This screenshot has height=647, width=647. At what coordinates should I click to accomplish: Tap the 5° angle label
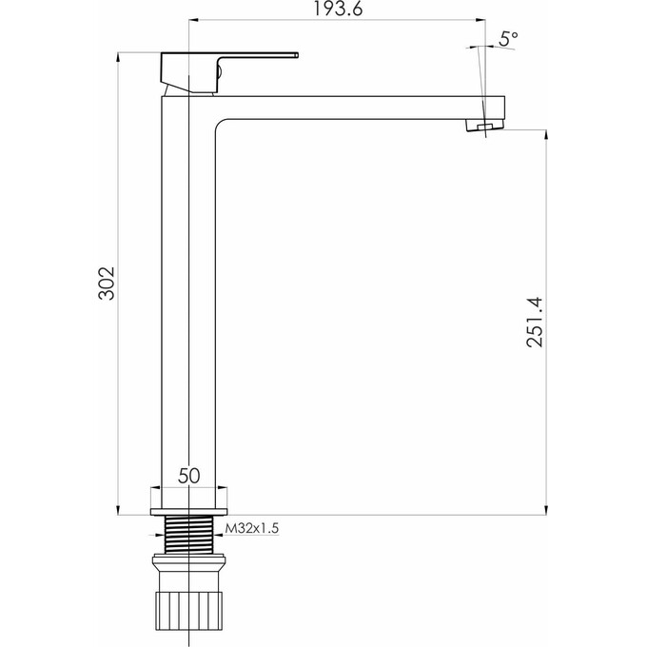[x=509, y=37]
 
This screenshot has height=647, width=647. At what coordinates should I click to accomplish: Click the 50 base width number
[x=189, y=476]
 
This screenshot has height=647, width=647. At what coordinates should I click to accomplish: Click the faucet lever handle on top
[x=228, y=65]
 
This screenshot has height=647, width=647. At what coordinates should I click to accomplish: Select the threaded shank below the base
[x=189, y=535]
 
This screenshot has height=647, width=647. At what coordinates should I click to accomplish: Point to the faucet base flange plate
[x=189, y=500]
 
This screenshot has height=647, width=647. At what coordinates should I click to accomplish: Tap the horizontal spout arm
[x=362, y=106]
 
